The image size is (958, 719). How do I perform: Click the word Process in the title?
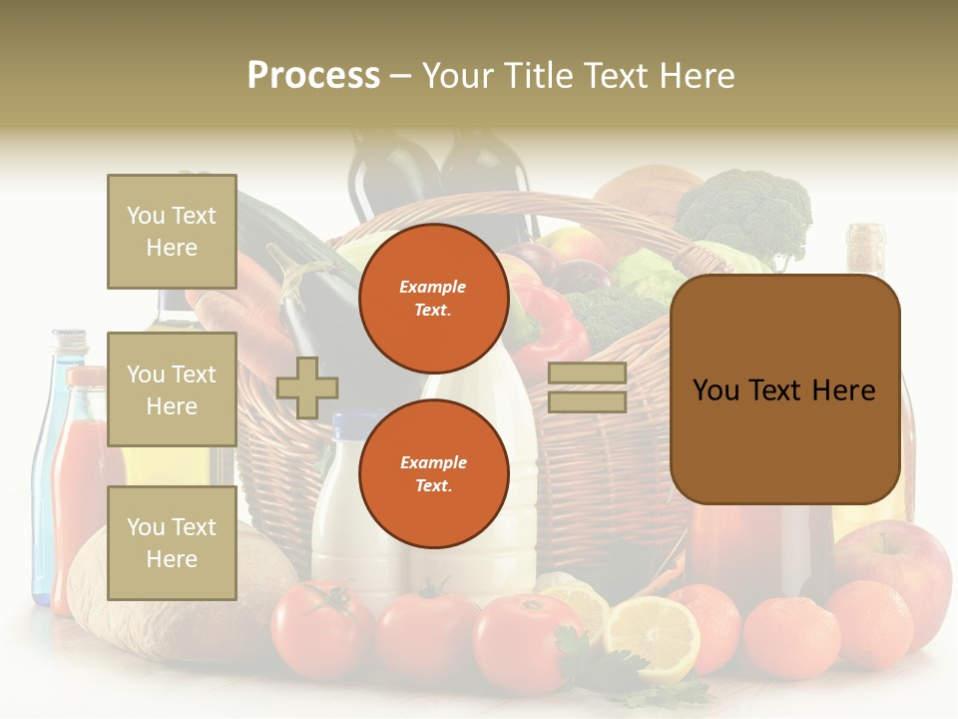[313, 76]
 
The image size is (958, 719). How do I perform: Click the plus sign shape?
[307, 387]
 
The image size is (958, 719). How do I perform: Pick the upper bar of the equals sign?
[588, 373]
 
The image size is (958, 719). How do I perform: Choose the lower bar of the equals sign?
[588, 401]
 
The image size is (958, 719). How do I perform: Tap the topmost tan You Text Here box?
[172, 232]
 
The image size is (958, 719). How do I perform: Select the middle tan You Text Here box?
[172, 389]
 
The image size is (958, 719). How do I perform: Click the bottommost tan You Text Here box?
[172, 543]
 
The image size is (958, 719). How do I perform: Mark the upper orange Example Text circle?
[433, 299]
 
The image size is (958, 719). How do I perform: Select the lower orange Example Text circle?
[433, 474]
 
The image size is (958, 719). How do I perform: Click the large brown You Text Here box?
[784, 389]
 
